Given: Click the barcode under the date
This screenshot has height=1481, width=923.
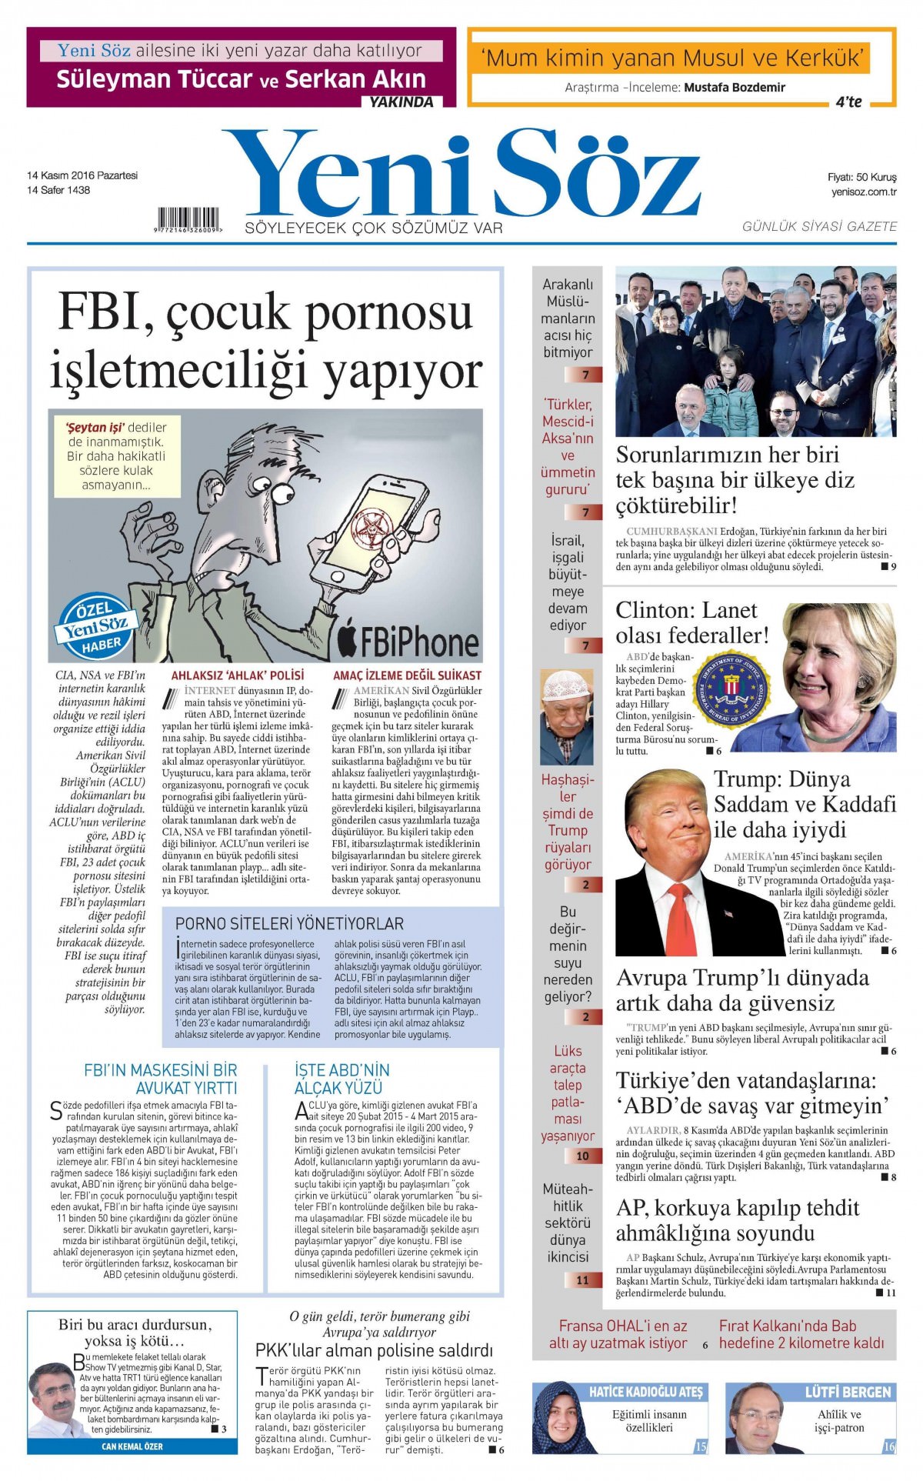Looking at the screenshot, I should (188, 219).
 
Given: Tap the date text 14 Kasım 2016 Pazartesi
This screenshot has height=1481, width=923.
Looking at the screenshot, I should (82, 175).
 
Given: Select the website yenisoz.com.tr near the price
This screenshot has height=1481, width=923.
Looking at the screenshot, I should (864, 192).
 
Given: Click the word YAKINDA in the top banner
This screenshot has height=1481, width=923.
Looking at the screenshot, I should (402, 102).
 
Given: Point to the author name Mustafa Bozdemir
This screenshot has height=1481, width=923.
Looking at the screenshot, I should (735, 88).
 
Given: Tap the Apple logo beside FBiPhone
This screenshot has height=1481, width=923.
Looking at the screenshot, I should (348, 635).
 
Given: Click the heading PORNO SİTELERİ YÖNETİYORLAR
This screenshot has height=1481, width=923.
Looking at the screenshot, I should (289, 923).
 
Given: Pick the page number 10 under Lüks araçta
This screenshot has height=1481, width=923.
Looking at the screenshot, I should (582, 1156).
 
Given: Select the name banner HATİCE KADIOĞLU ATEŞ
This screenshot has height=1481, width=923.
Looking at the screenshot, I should (645, 1392).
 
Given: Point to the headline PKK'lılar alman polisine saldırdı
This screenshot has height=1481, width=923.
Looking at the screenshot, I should (374, 1350).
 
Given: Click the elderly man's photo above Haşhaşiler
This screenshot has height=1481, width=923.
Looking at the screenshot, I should (567, 715).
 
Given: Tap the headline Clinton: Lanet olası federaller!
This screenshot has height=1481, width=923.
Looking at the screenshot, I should (691, 622).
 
